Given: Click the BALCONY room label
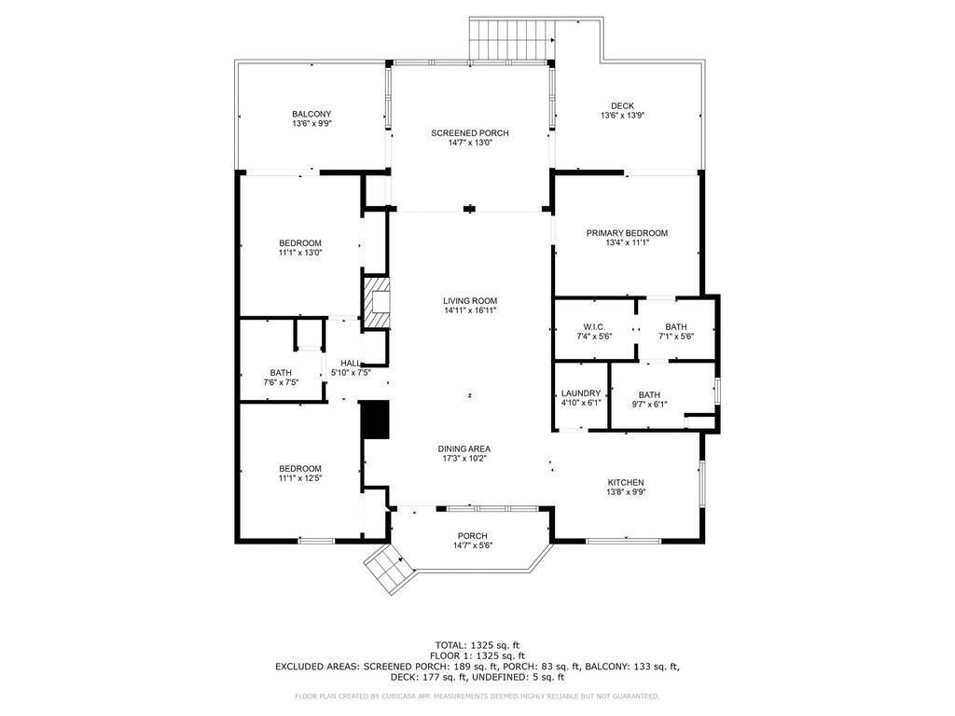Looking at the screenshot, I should (311, 114).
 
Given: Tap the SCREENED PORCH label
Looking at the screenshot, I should (469, 133).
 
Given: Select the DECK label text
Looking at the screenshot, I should (622, 106).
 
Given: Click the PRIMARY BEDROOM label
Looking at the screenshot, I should (626, 233).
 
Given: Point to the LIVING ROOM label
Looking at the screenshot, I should (469, 300).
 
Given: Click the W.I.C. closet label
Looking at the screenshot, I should (595, 327).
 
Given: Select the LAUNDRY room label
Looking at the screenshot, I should (581, 393).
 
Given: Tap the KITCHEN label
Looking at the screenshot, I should (625, 482).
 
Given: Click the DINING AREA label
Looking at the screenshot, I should (464, 448).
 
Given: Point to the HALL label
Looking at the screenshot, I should (351, 363).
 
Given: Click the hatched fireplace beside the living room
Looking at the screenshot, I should (376, 302).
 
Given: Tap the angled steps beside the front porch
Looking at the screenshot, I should (386, 568).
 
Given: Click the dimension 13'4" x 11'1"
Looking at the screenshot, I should (626, 242).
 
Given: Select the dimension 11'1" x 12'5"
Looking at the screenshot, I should (299, 478).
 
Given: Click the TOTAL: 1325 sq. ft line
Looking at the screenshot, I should (477, 644).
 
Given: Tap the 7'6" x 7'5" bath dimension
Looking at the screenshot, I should (281, 382).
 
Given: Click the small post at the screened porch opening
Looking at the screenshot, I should (469, 209).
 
